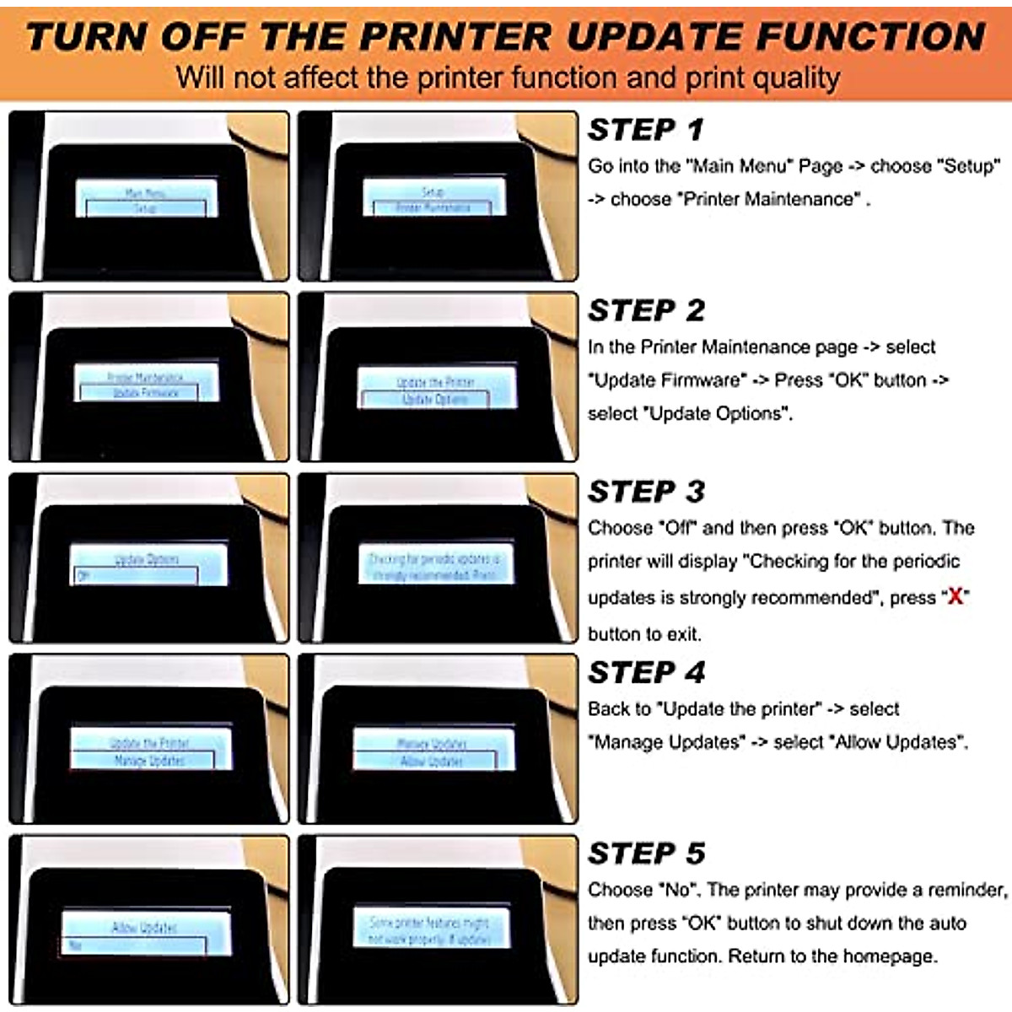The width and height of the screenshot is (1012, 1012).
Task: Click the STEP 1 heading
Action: [x=645, y=130]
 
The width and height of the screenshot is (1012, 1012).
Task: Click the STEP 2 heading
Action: [x=645, y=310]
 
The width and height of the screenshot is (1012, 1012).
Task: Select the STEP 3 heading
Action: [x=645, y=492]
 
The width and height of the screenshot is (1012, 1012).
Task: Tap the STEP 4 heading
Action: [x=645, y=672]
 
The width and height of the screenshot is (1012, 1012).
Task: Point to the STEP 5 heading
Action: [x=645, y=853]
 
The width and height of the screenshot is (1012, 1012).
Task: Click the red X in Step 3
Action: [x=955, y=597]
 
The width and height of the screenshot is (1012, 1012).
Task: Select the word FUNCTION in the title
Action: [x=870, y=37]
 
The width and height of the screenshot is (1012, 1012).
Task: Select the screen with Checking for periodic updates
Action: [x=433, y=566]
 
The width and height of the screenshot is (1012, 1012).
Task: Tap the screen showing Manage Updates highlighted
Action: [x=149, y=751]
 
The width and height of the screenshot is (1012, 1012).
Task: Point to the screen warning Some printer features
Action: [x=428, y=930]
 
